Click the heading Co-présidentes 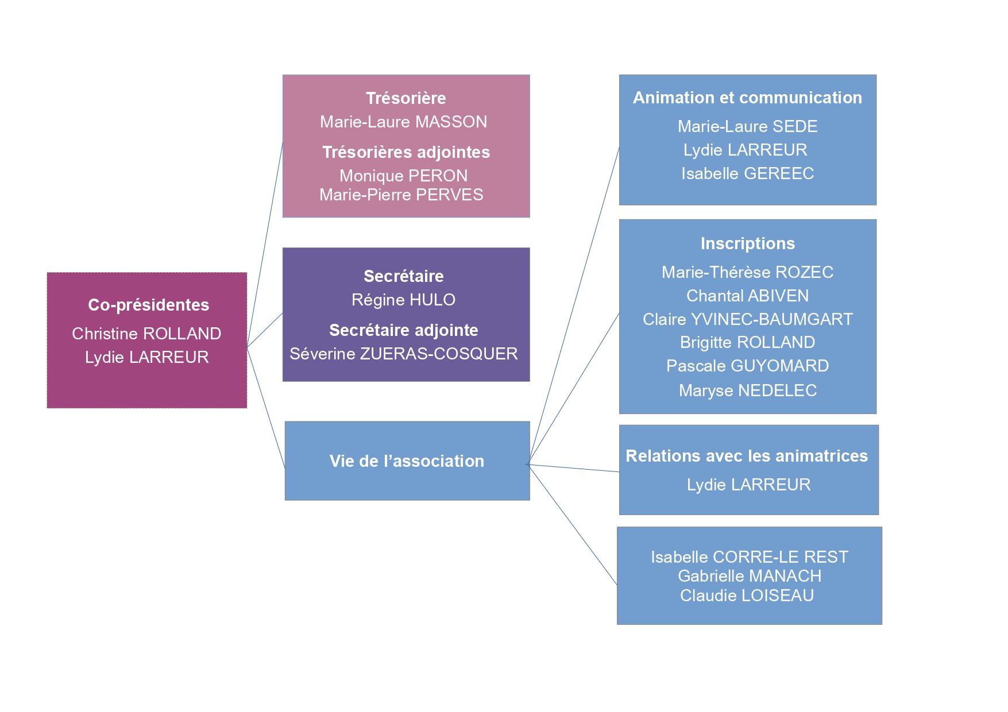148,305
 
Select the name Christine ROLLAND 146,334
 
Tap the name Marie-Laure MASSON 404,122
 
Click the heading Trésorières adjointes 406,152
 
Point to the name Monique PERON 404,176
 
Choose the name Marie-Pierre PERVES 401,195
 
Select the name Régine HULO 404,300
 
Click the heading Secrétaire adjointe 404,330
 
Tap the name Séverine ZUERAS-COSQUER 404,354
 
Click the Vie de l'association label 407,461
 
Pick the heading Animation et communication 747,98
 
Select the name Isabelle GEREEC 747,173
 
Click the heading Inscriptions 747,243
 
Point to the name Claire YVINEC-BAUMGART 747,319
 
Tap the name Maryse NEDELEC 747,390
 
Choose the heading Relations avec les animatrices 747,456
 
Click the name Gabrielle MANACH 750,576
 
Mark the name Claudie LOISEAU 747,595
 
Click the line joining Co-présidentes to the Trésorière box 265,244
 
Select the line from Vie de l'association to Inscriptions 573,389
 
